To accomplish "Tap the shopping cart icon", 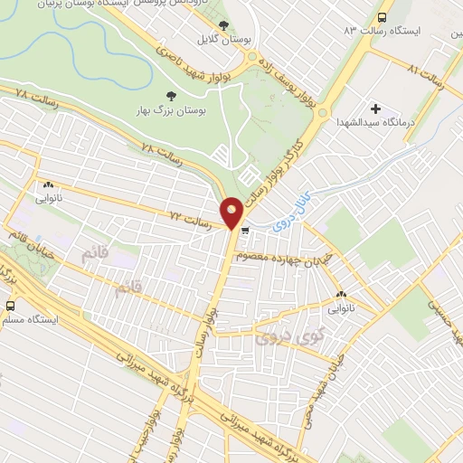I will pyautogui.click(x=246, y=231).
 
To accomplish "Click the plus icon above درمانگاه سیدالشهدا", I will pyautogui.click(x=376, y=109).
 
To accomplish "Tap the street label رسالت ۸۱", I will pyautogui.click(x=424, y=72).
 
